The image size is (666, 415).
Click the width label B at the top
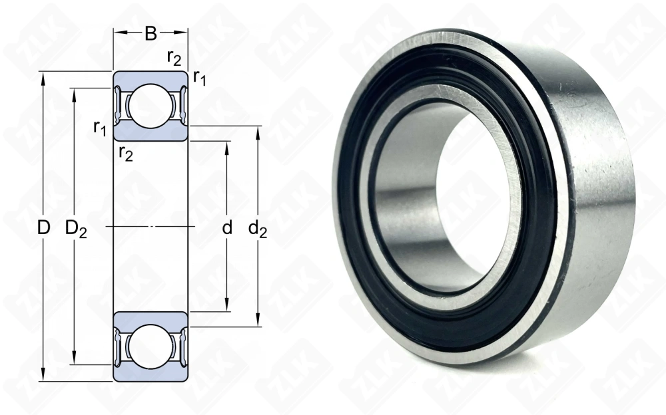(x=151, y=33)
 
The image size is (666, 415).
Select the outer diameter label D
(x=43, y=228)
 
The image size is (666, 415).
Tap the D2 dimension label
(x=76, y=229)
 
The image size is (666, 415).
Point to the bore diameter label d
(x=227, y=228)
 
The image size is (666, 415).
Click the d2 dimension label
(x=258, y=229)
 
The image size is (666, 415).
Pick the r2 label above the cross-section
(x=174, y=58)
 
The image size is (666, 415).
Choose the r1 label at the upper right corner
(x=200, y=78)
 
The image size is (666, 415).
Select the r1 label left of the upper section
(x=100, y=128)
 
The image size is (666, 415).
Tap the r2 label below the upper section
(x=126, y=153)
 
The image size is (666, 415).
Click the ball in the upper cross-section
(x=151, y=106)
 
